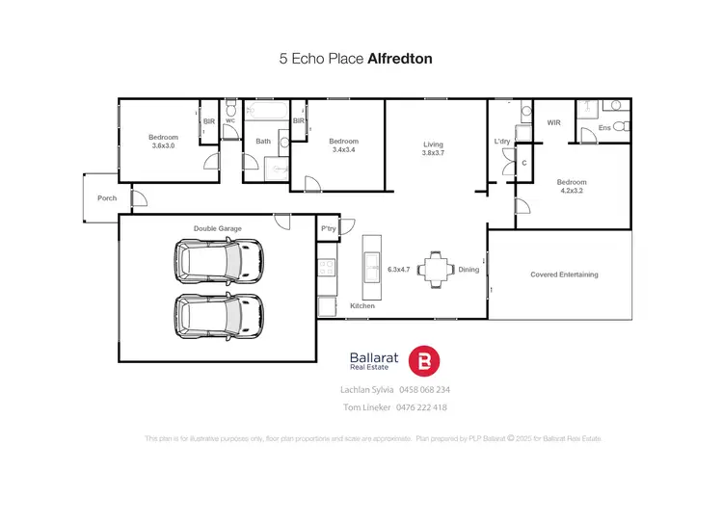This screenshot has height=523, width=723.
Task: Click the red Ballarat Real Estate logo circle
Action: [425, 361]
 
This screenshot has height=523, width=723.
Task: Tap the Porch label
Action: [107, 198]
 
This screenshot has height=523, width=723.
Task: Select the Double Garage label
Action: [218, 228]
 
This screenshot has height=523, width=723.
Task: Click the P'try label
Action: [329, 228]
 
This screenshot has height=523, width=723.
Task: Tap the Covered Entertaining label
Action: [564, 275]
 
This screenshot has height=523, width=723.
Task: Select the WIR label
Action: [553, 122]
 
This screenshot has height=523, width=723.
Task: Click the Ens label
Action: [604, 127]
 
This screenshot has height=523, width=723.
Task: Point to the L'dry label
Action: [502, 143]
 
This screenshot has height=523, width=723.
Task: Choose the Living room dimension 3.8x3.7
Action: [433, 154]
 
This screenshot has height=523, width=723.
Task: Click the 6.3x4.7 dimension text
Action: [399, 270]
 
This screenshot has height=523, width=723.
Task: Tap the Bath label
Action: [262, 142]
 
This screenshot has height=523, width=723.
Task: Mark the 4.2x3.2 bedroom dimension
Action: [571, 191]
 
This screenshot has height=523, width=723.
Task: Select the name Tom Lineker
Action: [367, 407]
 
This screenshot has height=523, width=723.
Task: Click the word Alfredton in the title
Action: [400, 59]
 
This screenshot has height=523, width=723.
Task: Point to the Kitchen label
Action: [361, 305]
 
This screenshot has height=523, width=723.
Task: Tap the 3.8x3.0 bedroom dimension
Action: [163, 145]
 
